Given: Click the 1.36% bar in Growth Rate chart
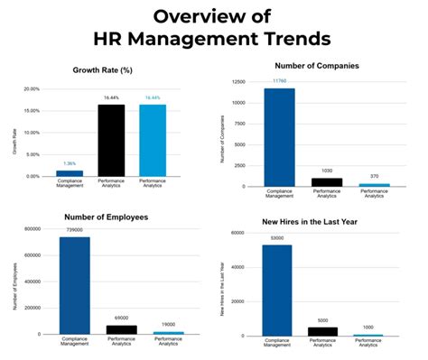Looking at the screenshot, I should click(70, 173).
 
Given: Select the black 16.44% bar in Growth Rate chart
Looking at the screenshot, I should click(111, 140).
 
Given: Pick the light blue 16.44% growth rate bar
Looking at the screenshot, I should click(153, 140).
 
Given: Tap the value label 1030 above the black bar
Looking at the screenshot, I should click(326, 171).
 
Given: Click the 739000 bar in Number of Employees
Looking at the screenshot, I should click(75, 285).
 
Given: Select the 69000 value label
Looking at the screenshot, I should click(119, 318).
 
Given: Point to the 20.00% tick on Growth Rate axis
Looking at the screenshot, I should click(32, 89).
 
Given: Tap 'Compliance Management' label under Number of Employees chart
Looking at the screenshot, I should click(75, 344).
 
